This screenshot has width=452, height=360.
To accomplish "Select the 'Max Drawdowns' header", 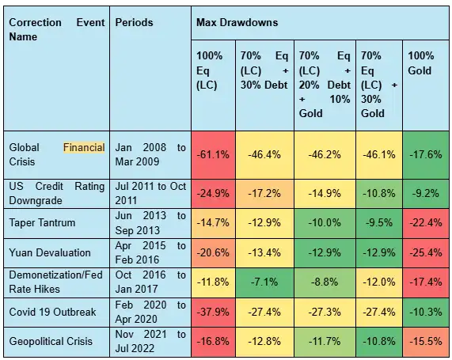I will pyautogui.click(x=237, y=22).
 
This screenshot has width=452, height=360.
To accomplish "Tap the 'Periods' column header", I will pyautogui.click(x=135, y=22).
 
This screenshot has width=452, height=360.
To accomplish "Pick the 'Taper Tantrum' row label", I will pyautogui.click(x=42, y=222).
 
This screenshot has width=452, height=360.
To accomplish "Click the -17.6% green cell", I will pyautogui.click(x=427, y=154).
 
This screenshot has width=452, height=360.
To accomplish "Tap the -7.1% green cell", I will pyautogui.click(x=262, y=282).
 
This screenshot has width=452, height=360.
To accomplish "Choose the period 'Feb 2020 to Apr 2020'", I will pyautogui.click(x=150, y=313).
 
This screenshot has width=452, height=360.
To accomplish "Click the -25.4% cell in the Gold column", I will pyautogui.click(x=427, y=252).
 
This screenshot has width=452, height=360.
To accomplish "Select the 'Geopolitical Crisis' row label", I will pyautogui.click(x=51, y=341).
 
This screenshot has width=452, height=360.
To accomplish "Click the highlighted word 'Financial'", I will pyautogui.click(x=84, y=147).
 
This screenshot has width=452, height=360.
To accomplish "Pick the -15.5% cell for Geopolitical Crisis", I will pyautogui.click(x=427, y=341).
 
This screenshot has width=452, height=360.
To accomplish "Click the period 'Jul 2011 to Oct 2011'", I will pyautogui.click(x=150, y=192).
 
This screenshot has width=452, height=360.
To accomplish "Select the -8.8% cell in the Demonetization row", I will pyautogui.click(x=325, y=282).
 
